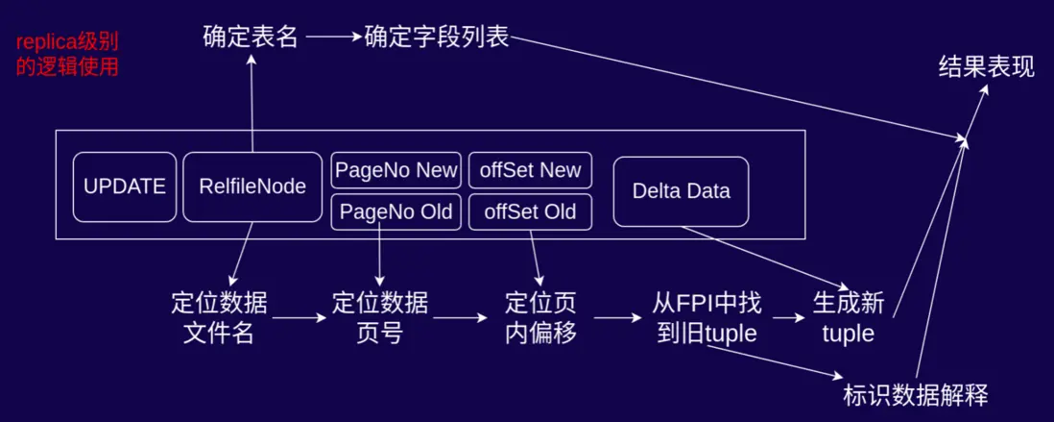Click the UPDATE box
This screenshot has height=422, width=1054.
(125, 186)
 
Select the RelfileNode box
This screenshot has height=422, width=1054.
(252, 186)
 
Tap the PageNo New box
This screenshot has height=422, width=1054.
(396, 170)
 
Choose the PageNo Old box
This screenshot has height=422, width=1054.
(396, 212)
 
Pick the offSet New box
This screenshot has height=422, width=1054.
(531, 170)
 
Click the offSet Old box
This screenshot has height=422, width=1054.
(531, 212)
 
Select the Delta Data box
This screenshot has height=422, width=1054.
(681, 191)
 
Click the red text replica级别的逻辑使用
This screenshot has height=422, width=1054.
(67, 56)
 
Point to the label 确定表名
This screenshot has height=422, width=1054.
(251, 38)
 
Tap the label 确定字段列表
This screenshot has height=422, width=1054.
(437, 38)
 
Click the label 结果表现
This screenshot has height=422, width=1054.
(986, 67)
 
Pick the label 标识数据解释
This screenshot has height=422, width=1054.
(915, 395)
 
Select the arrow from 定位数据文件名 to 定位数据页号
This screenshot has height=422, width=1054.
(299, 316)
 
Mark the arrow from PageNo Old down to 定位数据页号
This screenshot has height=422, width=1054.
(381, 255)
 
